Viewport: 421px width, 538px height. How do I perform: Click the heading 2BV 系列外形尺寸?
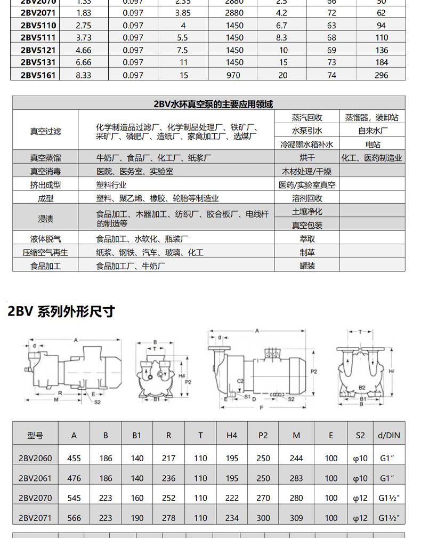tap(61, 311)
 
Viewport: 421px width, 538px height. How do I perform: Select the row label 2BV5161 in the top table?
tap(38, 75)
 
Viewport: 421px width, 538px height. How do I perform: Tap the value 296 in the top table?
tap(381, 75)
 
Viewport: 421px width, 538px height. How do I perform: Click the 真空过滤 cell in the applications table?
tap(45, 131)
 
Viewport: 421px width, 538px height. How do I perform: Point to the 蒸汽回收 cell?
tap(307, 117)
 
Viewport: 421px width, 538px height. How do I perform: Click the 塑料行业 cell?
tap(111, 185)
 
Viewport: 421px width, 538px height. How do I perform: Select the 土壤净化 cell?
tap(307, 212)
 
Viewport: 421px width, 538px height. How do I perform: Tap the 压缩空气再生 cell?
tap(45, 252)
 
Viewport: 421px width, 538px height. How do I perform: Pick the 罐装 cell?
tap(307, 266)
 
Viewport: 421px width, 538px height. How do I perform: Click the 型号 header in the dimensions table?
tap(35, 435)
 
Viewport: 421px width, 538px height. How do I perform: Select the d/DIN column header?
tap(389, 435)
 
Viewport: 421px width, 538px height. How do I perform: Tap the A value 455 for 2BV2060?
tap(74, 458)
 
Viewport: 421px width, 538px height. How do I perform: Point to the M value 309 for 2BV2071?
tap(296, 518)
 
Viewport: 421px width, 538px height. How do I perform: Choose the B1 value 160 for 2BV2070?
tap(137, 498)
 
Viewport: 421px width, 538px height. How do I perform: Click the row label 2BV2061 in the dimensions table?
tap(35, 478)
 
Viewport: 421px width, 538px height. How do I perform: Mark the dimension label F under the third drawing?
tap(261, 408)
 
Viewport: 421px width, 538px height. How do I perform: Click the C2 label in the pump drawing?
tap(240, 381)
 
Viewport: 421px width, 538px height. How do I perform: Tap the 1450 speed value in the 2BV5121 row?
tap(234, 50)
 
